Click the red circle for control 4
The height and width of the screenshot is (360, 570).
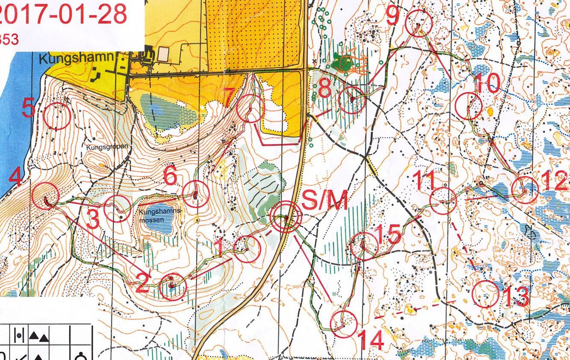46,195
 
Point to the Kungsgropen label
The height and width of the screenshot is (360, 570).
101,147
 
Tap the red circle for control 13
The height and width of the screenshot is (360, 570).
485,294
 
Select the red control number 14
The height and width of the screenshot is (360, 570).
370,340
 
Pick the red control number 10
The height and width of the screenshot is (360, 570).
487,84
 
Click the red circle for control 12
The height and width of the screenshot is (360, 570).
524,190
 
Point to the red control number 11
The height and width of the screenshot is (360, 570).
426,180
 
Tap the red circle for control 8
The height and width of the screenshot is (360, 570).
352,100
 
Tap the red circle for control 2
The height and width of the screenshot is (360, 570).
173,287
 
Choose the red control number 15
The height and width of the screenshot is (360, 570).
389,234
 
